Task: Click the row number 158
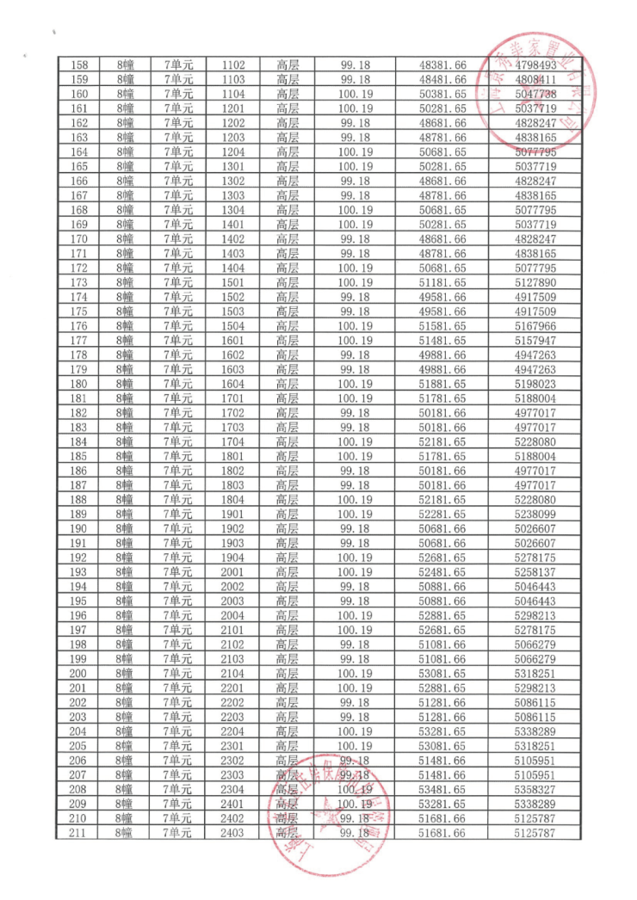[x=78, y=65]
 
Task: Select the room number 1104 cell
[x=232, y=94]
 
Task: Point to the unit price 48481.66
[x=442, y=79]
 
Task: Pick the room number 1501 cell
[x=232, y=281]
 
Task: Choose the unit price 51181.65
[x=442, y=281]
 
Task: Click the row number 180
[x=78, y=383]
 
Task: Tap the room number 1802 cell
[x=232, y=470]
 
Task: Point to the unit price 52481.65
[x=442, y=572]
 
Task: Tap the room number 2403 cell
[x=232, y=833]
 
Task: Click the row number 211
[x=78, y=833]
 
